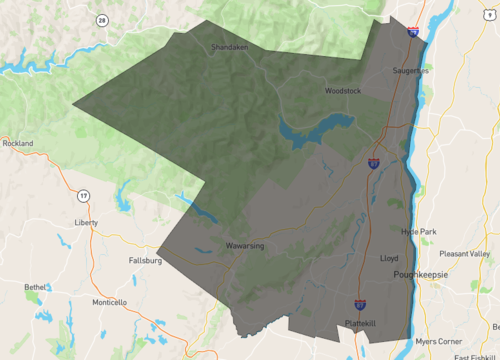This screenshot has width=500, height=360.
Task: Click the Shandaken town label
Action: coord(229,47)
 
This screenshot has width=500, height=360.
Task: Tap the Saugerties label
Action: coord(410,71)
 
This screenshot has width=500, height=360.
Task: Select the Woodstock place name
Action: coord(343,91)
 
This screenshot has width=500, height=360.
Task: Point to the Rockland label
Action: coord(18,143)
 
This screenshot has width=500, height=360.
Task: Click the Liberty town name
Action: coord(87,222)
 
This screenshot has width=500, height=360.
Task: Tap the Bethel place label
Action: coord(36,287)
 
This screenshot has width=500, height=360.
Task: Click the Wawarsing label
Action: coord(244,244)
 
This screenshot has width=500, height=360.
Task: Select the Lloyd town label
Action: coord(389,257)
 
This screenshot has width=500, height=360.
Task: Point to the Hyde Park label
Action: coord(419,231)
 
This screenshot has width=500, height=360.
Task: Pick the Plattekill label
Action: coord(361,323)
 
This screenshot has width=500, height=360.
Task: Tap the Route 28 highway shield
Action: coord(102,19)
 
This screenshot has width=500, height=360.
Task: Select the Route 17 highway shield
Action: coord(83,194)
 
